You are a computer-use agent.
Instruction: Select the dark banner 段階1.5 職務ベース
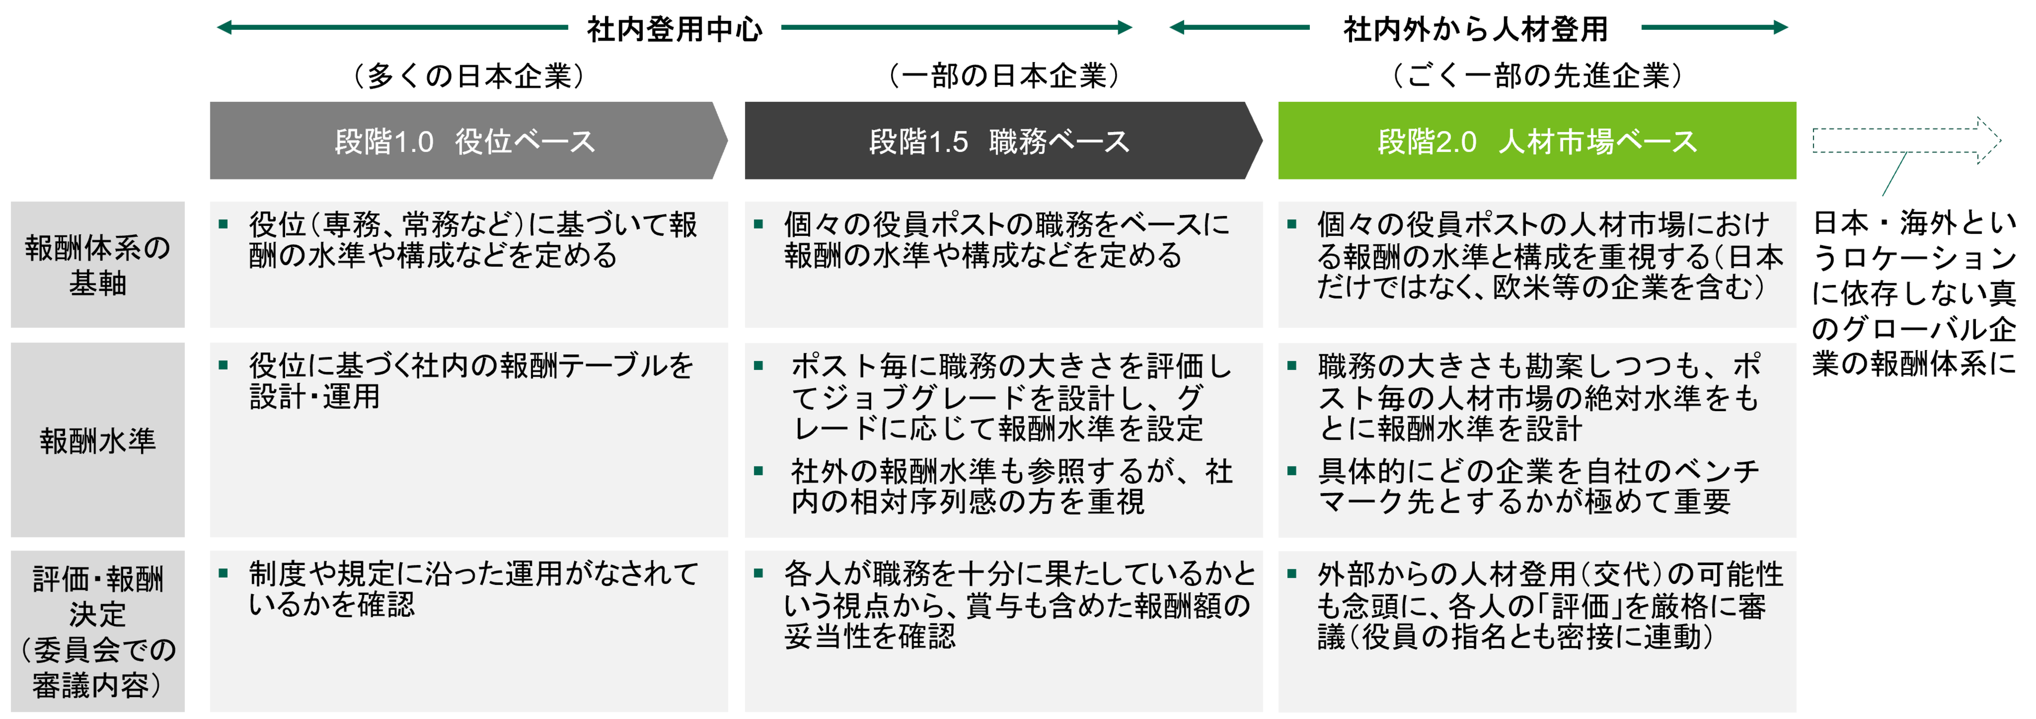click(1000, 141)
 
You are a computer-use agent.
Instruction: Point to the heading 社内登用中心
click(674, 29)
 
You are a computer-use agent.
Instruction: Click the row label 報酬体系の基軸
click(97, 265)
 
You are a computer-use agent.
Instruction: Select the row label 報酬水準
click(97, 440)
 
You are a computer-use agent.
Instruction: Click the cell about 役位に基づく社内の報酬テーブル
click(471, 381)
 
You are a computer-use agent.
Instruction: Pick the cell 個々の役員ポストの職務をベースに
click(1005, 240)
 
